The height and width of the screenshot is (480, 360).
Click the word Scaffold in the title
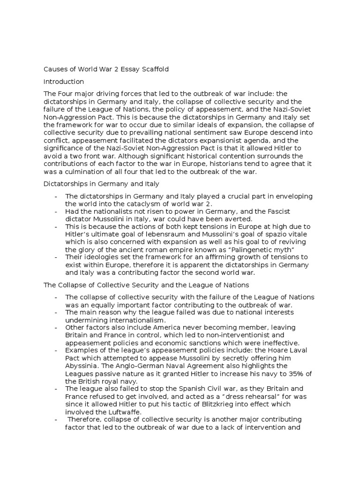153,69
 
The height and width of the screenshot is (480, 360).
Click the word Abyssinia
82,358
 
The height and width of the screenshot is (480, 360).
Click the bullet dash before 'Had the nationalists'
56,211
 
